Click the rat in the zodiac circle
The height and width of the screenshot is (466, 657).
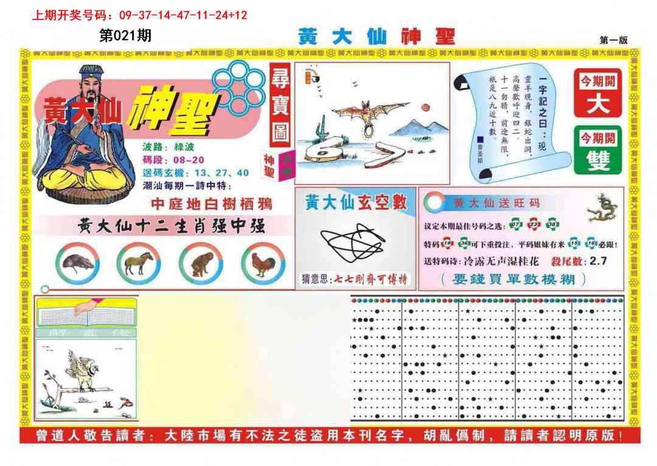(x=77, y=263)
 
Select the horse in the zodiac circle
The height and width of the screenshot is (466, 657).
(x=138, y=263)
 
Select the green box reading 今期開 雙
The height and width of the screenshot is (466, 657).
(x=597, y=150)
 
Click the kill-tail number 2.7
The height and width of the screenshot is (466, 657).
(x=596, y=261)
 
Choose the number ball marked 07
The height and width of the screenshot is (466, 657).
(x=516, y=225)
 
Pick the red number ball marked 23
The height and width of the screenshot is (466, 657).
(x=534, y=225)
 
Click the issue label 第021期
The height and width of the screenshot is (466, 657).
(x=125, y=36)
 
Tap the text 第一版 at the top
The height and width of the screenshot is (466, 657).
(x=613, y=40)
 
